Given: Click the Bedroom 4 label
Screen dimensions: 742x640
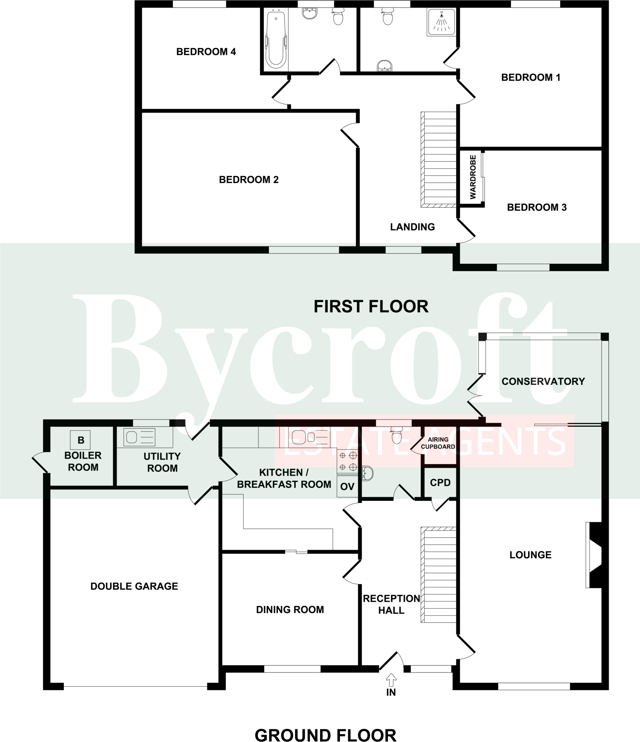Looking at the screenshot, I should pos(206,52).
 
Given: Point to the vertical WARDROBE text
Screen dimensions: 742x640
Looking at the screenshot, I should pos(473,177).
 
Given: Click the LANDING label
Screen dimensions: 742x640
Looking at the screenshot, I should pos(412,227).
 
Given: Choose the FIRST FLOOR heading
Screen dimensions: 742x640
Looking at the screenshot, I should pos(371,307).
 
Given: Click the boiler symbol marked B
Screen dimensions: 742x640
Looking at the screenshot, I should pos(80,440).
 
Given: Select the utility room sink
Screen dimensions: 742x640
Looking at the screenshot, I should pos(140,437).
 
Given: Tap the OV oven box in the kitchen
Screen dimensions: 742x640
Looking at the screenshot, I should pos(347,487).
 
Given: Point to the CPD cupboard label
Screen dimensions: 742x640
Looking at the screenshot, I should pos(440,483).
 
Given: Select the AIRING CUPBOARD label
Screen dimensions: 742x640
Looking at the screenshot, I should pos(438,443).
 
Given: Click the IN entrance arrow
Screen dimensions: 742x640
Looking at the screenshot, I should pos(391,680).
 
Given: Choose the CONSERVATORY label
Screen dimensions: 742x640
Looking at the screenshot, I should pos(543,381).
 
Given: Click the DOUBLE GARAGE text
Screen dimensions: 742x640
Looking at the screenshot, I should pos(134,586).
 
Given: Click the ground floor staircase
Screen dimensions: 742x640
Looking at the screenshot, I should pos(438,574).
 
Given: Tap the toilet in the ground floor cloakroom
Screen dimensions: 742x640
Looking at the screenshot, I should pos(397,435).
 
